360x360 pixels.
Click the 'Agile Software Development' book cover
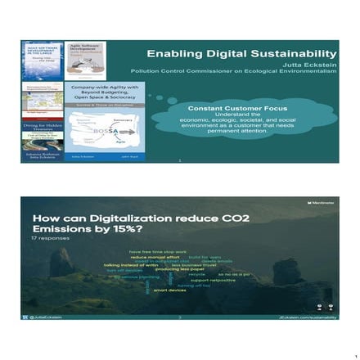pos(85,61)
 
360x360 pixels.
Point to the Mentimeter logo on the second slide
pos(322,202)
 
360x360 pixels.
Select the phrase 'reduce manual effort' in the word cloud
pos(155,258)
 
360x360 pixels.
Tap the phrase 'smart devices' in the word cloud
pos(169,290)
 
